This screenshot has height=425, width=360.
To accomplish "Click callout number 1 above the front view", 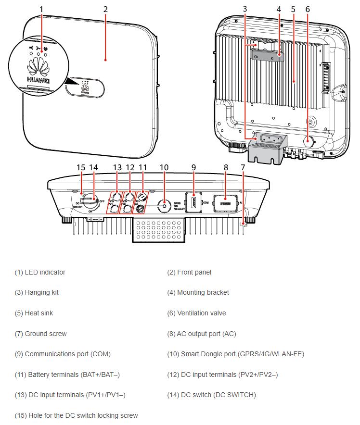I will pos(41,9).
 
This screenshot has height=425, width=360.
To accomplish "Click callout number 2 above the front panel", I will pos(105,9).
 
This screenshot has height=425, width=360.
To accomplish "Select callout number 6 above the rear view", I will pos(308,9).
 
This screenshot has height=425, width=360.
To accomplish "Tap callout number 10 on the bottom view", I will pos(164,167).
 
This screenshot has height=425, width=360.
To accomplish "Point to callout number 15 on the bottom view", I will pos(81,167).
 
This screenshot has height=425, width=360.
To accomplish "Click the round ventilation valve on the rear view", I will pos(308,140).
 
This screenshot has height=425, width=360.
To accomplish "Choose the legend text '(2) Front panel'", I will pos(189,272).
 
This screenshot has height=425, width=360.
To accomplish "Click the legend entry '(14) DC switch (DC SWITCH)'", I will pos(211,395).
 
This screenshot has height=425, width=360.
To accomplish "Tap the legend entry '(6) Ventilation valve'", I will pos(196,313).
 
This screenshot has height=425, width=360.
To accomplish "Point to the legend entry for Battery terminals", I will pos(67,375).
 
